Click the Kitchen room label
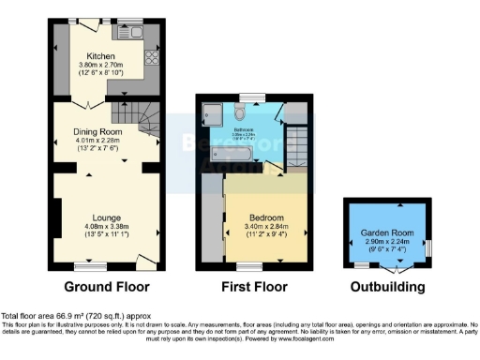(x=100, y=54)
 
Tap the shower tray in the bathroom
(x=210, y=114)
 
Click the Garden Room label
(x=385, y=233)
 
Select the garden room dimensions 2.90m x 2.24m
(x=385, y=243)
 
